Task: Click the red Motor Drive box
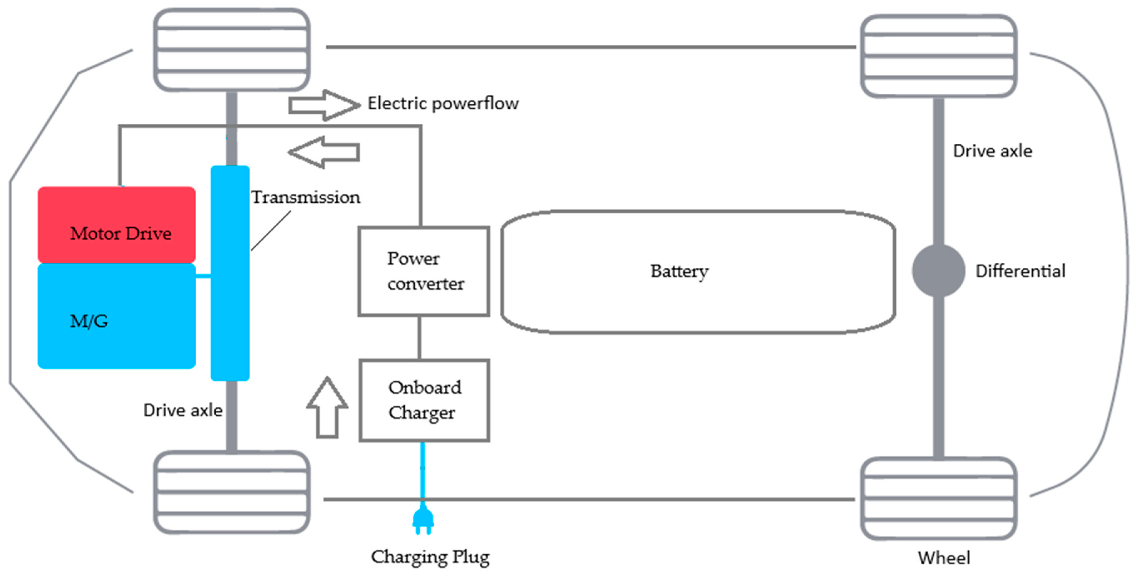pyautogui.click(x=116, y=224)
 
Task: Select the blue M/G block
pyautogui.click(x=116, y=316)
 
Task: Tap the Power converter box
pyautogui.click(x=423, y=271)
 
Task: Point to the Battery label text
pyautogui.click(x=679, y=271)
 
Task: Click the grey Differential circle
pyautogui.click(x=938, y=271)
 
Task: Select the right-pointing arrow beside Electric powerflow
pyautogui.click(x=324, y=105)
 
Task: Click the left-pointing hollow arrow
pyautogui.click(x=324, y=152)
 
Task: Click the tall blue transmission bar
pyautogui.click(x=230, y=273)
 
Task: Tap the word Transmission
pyautogui.click(x=305, y=197)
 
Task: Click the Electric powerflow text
pyautogui.click(x=443, y=103)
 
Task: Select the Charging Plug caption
pyautogui.click(x=430, y=557)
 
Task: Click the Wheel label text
pyautogui.click(x=944, y=558)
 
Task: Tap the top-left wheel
pyautogui.click(x=232, y=49)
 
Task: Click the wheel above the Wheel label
pyautogui.click(x=939, y=499)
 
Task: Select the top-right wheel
pyautogui.click(x=939, y=56)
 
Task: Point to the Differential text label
pyautogui.click(x=1020, y=271)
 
